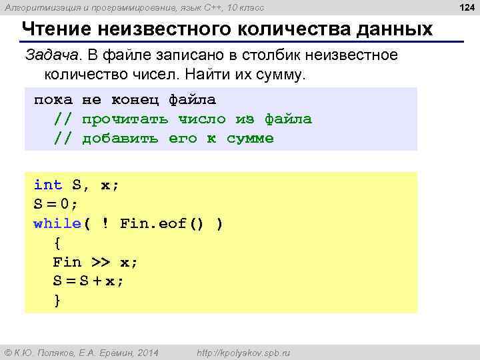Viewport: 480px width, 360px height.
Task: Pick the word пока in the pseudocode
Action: click(x=53, y=100)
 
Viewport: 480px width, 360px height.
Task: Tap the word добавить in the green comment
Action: click(x=121, y=139)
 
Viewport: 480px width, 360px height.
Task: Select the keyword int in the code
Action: click(x=48, y=185)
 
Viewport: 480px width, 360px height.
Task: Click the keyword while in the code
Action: click(x=57, y=224)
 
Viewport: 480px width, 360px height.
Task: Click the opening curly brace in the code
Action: click(x=57, y=243)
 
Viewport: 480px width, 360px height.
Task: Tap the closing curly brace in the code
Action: click(x=57, y=301)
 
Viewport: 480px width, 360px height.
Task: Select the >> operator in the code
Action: click(x=101, y=263)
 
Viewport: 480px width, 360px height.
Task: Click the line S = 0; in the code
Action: click(x=56, y=205)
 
